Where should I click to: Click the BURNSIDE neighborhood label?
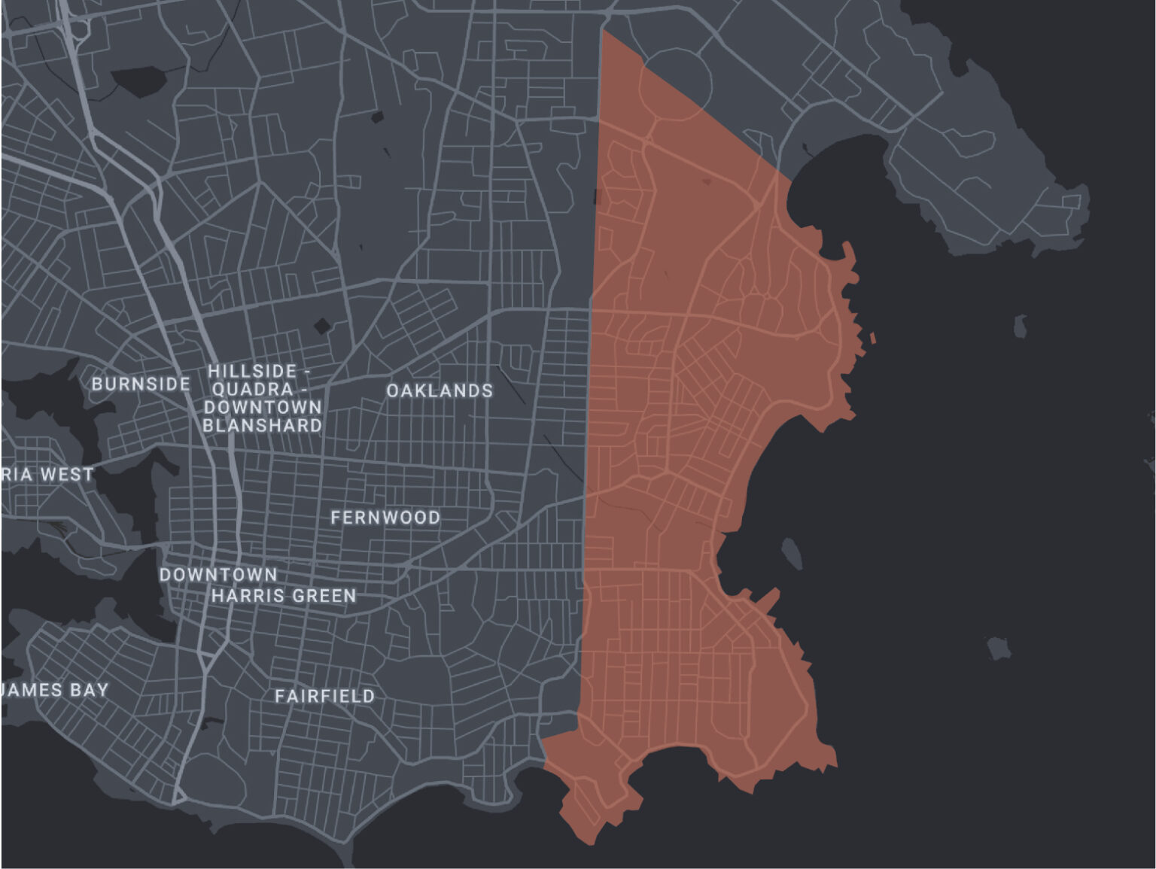click(141, 384)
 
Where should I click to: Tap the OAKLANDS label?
click(440, 390)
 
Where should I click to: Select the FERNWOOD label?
click(385, 518)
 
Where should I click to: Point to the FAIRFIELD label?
click(324, 696)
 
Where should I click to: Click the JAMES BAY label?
click(55, 690)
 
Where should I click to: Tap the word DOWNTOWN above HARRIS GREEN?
click(218, 575)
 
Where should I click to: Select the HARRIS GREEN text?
click(283, 596)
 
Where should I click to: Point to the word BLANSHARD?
click(262, 426)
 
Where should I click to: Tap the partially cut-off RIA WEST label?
click(47, 475)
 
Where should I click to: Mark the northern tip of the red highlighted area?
click(603, 32)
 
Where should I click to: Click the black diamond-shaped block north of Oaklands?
click(323, 325)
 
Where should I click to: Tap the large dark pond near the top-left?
click(140, 79)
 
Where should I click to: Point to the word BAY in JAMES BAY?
click(90, 690)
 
